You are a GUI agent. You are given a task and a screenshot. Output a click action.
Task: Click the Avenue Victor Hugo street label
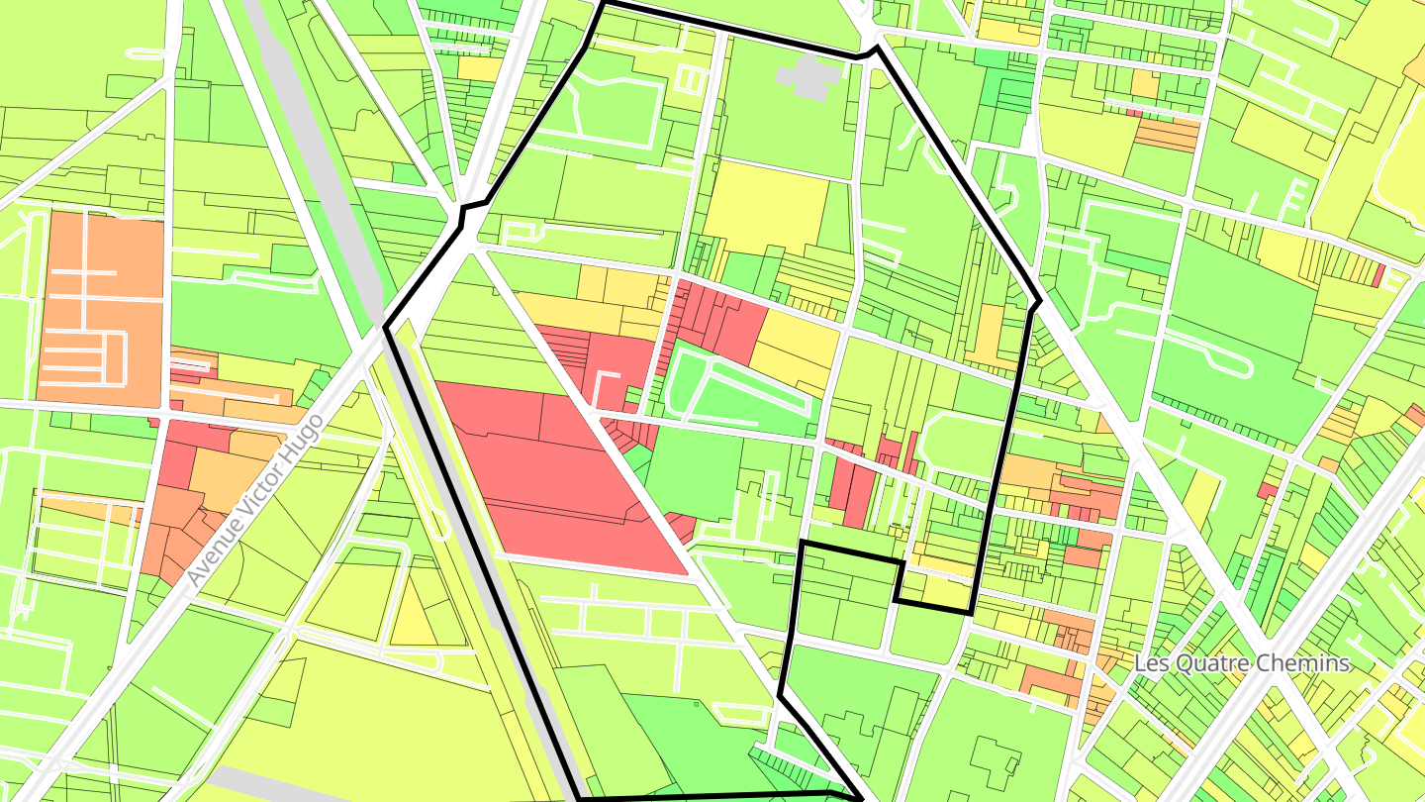pos(255,499)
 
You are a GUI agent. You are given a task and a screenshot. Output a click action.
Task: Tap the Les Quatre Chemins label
pos(1242,663)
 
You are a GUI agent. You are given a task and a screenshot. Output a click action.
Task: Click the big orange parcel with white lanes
pos(99,307)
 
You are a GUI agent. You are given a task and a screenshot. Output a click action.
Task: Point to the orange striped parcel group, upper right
pos(1168,134)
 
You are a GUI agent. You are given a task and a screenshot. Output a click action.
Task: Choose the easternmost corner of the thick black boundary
pos(1039,301)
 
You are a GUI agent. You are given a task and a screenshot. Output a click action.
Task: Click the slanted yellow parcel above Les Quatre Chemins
pos(1202,500)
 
